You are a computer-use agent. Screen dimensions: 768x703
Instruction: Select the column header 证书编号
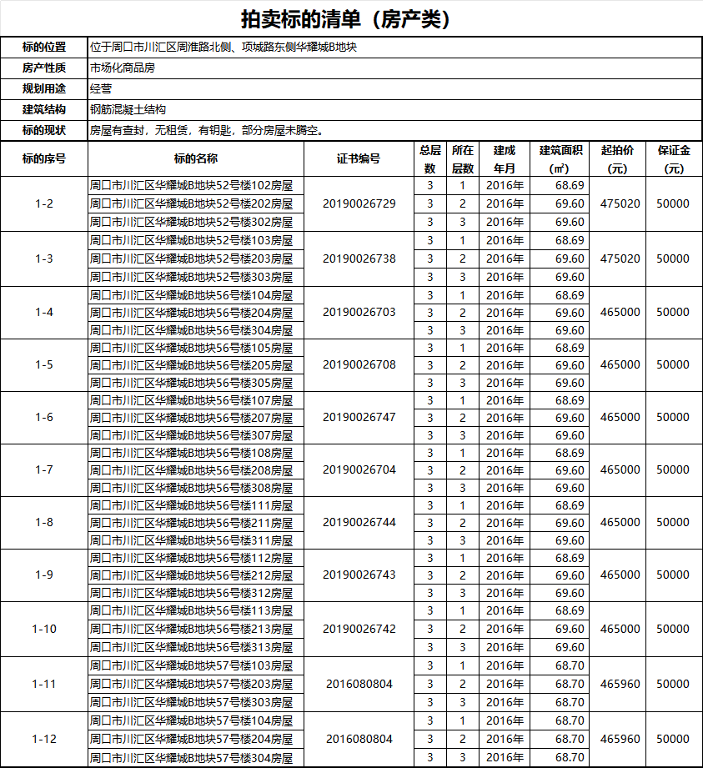(359, 158)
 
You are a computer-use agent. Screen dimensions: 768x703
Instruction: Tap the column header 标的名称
(196, 158)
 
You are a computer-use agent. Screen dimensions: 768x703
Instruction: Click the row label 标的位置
(44, 48)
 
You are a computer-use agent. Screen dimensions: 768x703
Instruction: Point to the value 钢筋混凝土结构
(128, 109)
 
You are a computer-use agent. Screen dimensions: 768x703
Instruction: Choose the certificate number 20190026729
(359, 203)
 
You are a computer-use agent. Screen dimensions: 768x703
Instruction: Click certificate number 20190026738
(359, 259)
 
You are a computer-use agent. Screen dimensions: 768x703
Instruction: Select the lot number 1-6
(44, 417)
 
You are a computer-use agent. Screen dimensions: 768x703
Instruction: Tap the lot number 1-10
(44, 629)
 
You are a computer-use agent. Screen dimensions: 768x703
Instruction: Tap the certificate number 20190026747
(359, 417)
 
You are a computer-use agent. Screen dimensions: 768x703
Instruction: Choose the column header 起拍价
(617, 158)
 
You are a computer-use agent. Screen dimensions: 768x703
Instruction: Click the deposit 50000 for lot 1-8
(674, 522)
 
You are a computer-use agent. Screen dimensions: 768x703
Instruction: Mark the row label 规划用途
(44, 88)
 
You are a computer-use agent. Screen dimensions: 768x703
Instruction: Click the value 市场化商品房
(122, 68)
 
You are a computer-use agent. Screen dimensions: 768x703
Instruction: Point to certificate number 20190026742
(359, 629)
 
